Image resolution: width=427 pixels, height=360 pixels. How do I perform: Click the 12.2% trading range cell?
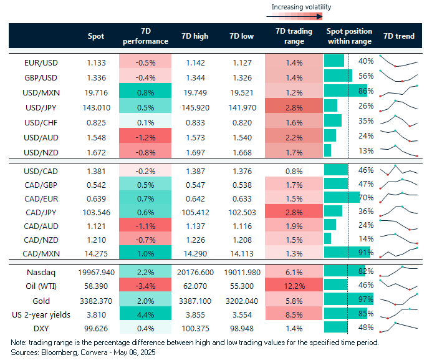pyautogui.click(x=294, y=285)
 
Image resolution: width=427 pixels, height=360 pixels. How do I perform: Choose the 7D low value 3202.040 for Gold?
pyautogui.click(x=241, y=299)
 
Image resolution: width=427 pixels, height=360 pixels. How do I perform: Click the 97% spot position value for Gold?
pyautogui.click(x=366, y=299)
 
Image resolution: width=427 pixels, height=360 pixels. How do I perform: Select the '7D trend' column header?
pyautogui.click(x=399, y=36)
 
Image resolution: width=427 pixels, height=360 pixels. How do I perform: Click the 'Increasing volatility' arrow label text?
pyautogui.click(x=301, y=7)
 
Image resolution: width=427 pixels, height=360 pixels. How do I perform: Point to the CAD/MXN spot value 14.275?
pyautogui.click(x=100, y=253)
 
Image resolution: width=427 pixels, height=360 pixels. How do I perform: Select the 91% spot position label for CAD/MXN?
pyautogui.click(x=366, y=253)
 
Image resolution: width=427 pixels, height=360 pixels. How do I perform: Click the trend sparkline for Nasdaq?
pyautogui.click(x=399, y=271)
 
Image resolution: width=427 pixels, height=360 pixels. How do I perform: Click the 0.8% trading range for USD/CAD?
pyautogui.click(x=294, y=170)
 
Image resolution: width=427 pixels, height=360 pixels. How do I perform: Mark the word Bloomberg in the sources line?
pyautogui.click(x=58, y=352)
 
